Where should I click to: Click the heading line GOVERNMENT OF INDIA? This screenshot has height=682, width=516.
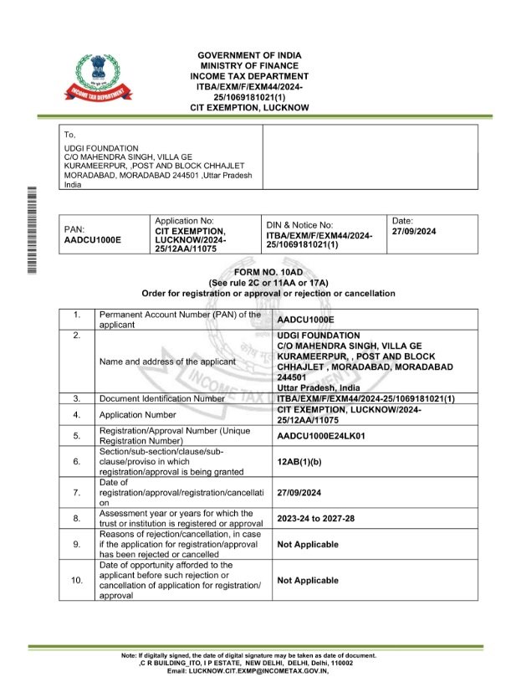pyautogui.click(x=249, y=55)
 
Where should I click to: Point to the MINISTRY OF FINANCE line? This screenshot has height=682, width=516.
pyautogui.click(x=249, y=65)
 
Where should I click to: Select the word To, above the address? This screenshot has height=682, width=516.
pyautogui.click(x=70, y=134)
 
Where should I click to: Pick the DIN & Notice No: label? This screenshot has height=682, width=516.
pyautogui.click(x=300, y=225)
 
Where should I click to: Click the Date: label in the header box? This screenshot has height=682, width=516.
pyautogui.click(x=402, y=219)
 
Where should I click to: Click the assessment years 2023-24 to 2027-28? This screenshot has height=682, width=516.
pyautogui.click(x=315, y=519)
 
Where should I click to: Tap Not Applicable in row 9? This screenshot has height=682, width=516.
pyautogui.click(x=308, y=544)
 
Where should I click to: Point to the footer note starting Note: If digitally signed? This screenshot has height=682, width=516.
pyautogui.click(x=249, y=654)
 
